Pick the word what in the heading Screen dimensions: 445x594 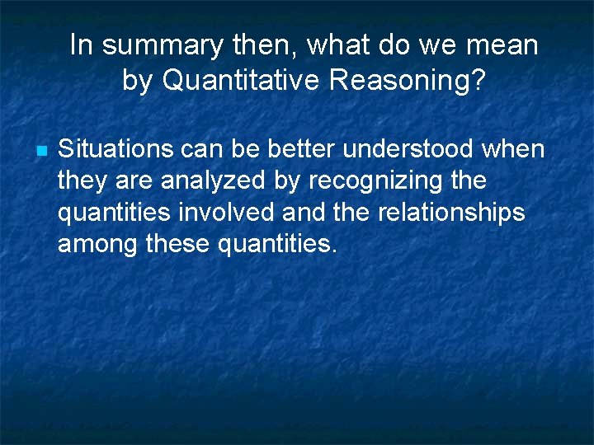(x=340, y=46)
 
